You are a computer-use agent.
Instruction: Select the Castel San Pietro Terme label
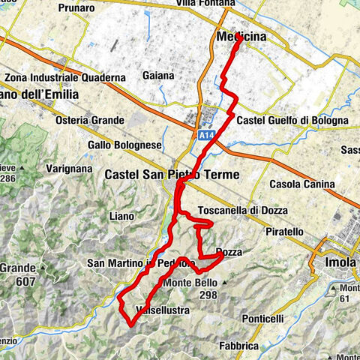pos(172,175)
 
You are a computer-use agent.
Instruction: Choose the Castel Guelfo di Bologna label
pos(292,120)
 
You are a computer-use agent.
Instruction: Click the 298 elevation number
pos(208,295)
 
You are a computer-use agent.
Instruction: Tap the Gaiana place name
pos(157,75)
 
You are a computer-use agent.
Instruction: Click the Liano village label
pos(120,215)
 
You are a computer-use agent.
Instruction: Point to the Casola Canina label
pos(307,184)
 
